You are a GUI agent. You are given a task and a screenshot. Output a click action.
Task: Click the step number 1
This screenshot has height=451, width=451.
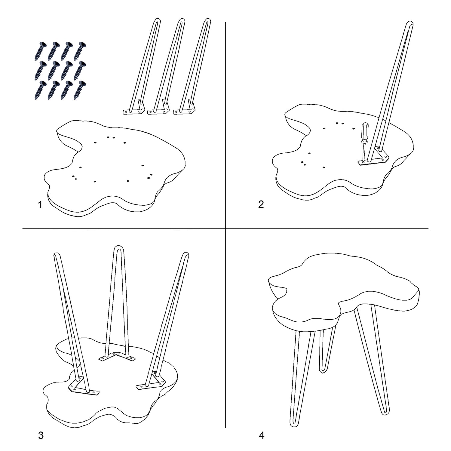click(x=40, y=205)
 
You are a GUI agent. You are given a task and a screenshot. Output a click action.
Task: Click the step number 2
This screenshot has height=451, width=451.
click(x=261, y=204)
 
